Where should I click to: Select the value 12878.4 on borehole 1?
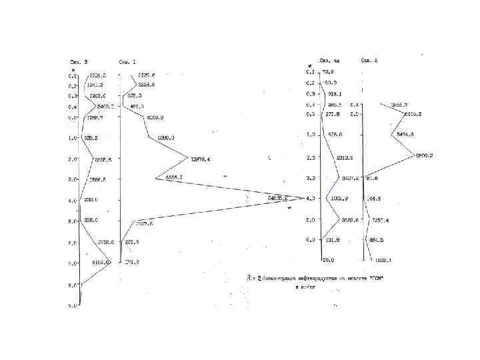coord(201,159)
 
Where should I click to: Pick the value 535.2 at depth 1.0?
coord(92,138)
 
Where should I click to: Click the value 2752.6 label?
coord(107,242)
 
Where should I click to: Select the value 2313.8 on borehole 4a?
coord(345,158)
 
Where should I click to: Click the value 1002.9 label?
coord(339,199)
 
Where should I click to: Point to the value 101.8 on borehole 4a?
coord(332,239)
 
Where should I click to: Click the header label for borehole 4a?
coord(329,61)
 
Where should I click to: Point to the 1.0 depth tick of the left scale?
coord(73,138)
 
